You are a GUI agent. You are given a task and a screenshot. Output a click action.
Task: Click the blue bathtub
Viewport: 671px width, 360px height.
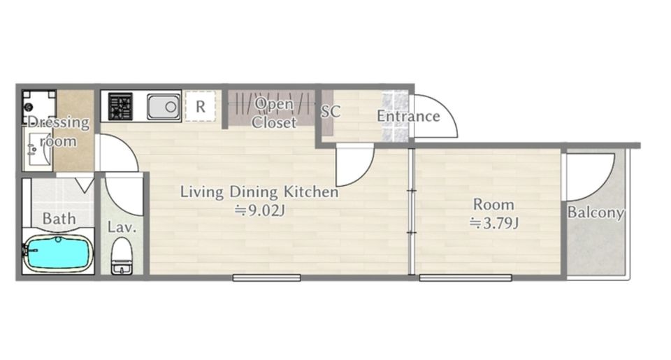58,253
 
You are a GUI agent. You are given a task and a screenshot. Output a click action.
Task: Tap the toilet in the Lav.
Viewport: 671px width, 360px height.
122,256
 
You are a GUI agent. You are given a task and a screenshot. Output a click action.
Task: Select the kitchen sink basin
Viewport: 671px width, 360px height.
164,106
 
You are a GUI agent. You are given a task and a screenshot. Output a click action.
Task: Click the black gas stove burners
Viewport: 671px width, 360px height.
120,106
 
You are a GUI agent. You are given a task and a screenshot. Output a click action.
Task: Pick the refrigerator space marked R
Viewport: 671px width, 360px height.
201,106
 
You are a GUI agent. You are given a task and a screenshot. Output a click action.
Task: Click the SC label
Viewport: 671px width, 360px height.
331,112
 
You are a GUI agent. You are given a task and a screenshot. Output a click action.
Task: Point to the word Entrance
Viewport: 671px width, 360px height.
408,116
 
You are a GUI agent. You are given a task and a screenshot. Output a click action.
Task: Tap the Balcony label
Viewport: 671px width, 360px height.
596,213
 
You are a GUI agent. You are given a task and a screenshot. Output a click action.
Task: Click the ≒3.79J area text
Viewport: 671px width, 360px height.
494,223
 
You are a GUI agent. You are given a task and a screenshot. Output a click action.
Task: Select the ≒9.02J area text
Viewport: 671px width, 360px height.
259,210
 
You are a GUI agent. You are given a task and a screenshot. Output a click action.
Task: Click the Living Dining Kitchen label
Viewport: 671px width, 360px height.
259,192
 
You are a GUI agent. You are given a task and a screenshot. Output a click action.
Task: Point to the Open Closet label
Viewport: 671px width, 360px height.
274,113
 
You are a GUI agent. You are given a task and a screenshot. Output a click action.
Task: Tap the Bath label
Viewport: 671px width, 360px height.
59,219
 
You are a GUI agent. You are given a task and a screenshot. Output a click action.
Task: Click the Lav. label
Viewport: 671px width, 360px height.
122,227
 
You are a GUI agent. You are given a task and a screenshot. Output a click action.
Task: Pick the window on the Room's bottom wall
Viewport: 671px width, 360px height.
466,278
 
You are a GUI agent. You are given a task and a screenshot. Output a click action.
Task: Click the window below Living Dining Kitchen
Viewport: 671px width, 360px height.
266,278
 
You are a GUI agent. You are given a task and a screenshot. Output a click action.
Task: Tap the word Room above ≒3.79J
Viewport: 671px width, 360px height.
493,204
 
